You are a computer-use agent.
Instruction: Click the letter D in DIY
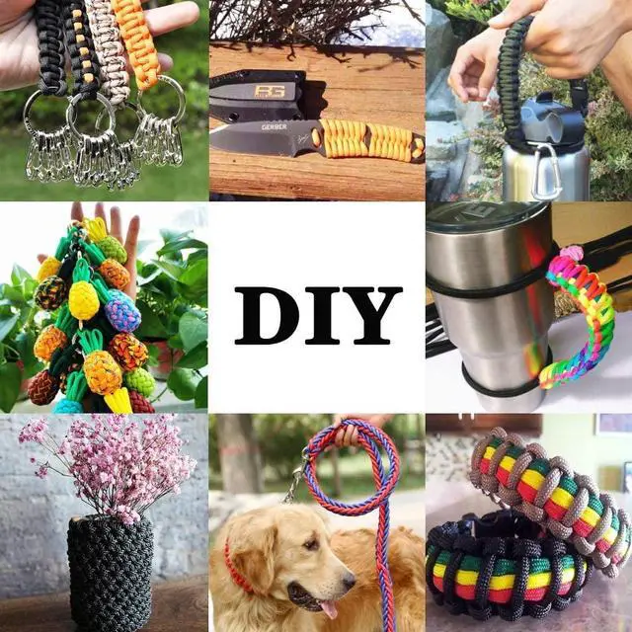(266, 315)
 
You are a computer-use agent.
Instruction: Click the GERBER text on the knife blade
(275, 127)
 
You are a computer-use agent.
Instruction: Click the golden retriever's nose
(349, 581)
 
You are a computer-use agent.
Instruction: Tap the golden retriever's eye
(311, 545)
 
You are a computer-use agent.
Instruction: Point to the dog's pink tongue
(328, 608)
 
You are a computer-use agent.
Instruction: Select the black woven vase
(110, 574)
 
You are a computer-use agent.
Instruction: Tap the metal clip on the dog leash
(296, 476)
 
